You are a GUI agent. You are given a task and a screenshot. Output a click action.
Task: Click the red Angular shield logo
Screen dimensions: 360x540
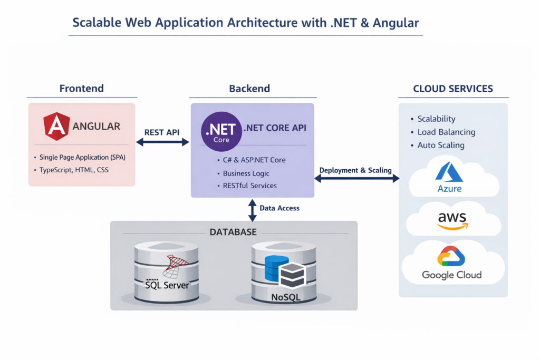point(56,127)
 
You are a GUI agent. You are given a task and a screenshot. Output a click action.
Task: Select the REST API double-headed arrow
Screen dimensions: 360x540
point(162,142)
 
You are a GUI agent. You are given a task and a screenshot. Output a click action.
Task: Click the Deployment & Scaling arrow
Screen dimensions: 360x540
point(357,179)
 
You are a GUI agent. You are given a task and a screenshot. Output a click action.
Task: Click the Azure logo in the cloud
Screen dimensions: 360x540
point(449,177)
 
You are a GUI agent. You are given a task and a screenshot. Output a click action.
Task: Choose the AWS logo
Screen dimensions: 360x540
point(452,220)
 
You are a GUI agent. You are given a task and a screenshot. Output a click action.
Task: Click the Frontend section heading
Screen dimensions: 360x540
point(81,88)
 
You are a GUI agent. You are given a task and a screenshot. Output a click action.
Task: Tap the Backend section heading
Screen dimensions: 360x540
point(249,88)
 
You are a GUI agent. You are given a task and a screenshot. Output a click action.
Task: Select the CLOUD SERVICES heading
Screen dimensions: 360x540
point(453,89)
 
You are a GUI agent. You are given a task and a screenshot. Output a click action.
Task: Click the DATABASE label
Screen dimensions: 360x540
point(233,232)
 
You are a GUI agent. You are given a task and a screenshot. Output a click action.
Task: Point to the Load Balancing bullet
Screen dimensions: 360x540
point(446,132)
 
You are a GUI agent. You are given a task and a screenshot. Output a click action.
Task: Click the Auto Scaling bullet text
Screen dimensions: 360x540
point(441,145)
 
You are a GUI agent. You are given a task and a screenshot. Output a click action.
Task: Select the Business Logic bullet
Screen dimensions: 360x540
point(246,173)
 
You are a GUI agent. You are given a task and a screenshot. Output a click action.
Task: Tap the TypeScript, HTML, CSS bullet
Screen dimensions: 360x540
point(74,170)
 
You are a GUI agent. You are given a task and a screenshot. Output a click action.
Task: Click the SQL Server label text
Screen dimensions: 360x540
point(167,286)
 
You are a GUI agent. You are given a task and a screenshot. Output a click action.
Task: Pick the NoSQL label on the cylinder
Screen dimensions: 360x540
point(285,297)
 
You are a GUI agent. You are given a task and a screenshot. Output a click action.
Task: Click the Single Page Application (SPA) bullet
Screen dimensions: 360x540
point(82,158)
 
